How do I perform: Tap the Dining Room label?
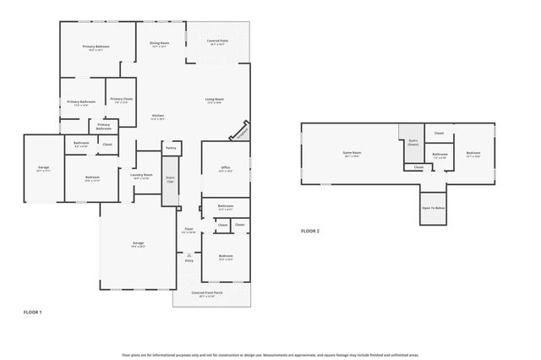pyautogui.click(x=159, y=43)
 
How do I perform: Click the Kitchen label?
pyautogui.click(x=157, y=116)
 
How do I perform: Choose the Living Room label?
pyautogui.click(x=214, y=100)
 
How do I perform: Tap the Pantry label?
pyautogui.click(x=171, y=147)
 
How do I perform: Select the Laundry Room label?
pyautogui.click(x=141, y=176)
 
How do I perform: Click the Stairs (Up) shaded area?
pyautogui.click(x=170, y=181)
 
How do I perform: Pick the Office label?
pyautogui.click(x=226, y=167)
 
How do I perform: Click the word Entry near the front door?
pyautogui.click(x=189, y=260)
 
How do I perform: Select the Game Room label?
pyautogui.click(x=352, y=154)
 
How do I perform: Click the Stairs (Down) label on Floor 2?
pyautogui.click(x=413, y=143)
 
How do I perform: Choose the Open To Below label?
pyautogui.click(x=433, y=207)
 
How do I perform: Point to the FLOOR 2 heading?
pyautogui.click(x=310, y=231)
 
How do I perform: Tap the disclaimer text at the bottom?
pyautogui.click(x=270, y=355)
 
